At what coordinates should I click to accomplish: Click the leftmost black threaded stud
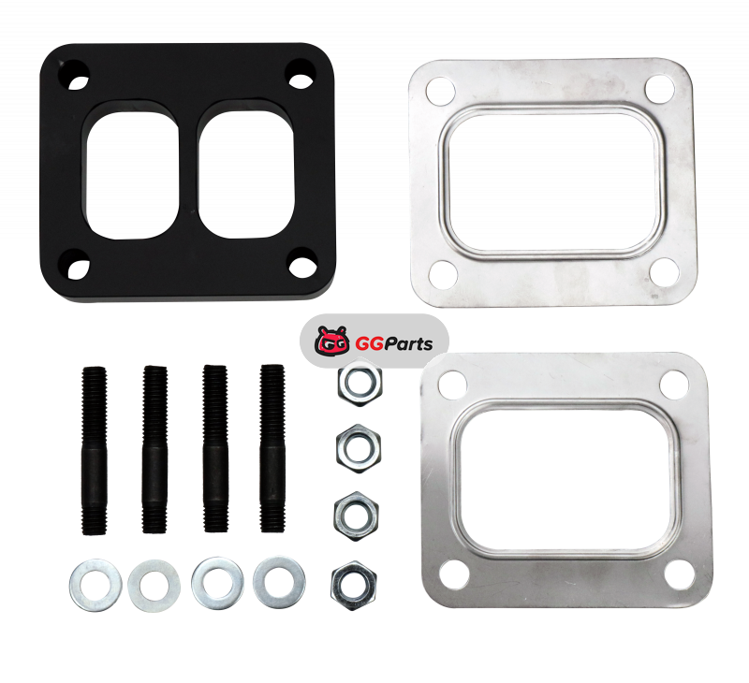(x=95, y=451)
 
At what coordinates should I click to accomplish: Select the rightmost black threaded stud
(x=272, y=448)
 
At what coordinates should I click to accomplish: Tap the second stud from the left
(x=154, y=449)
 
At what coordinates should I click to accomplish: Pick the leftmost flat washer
(x=95, y=585)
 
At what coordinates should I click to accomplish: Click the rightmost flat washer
(x=279, y=582)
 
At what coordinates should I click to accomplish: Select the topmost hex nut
(x=360, y=382)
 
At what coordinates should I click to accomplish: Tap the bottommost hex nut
(x=354, y=586)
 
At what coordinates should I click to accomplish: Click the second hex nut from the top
(x=359, y=449)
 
